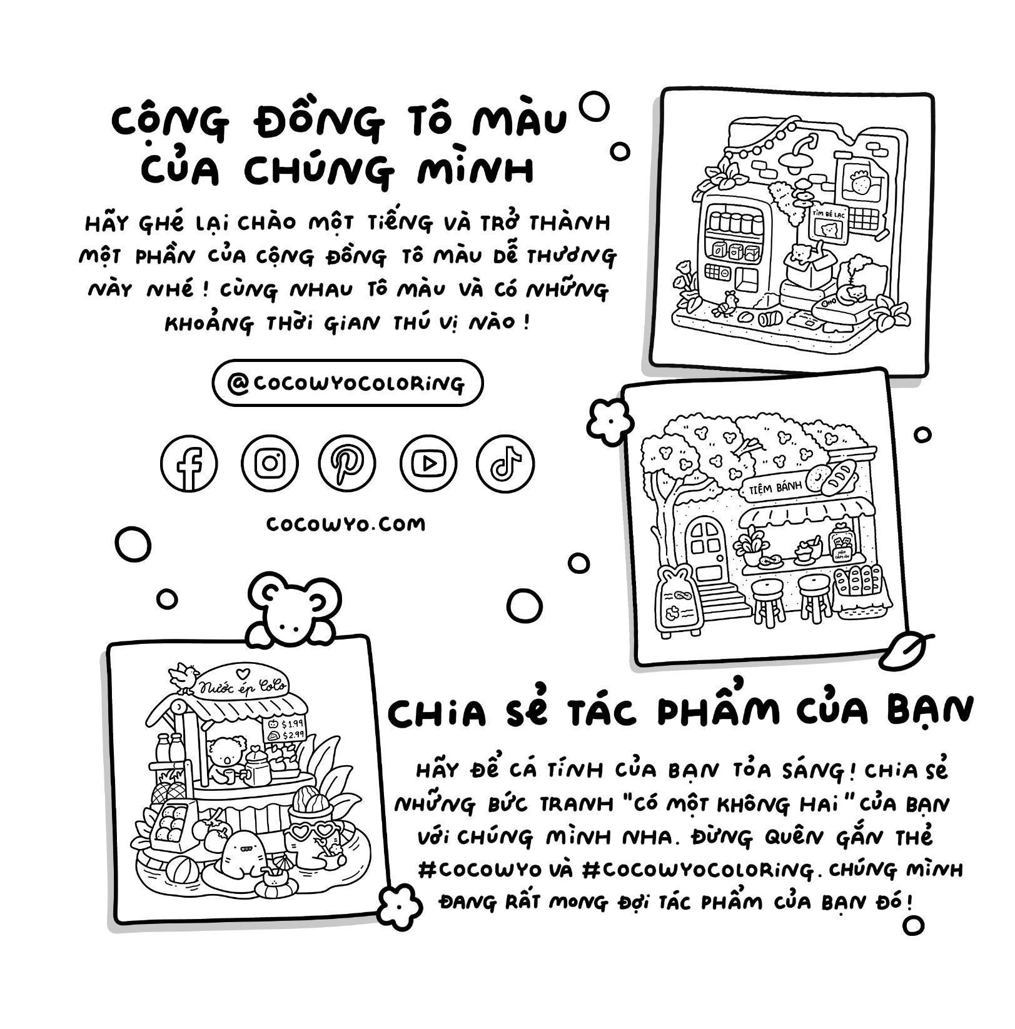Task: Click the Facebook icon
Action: (188, 463)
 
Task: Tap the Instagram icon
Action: (270, 463)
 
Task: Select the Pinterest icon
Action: (346, 463)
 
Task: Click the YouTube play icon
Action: (428, 463)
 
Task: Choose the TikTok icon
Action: (505, 463)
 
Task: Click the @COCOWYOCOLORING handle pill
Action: (347, 383)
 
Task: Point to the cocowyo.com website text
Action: (346, 524)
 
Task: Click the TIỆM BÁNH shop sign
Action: (775, 488)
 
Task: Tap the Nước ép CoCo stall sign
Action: (241, 686)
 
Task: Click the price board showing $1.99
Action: (286, 729)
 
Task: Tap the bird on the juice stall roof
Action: (183, 677)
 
